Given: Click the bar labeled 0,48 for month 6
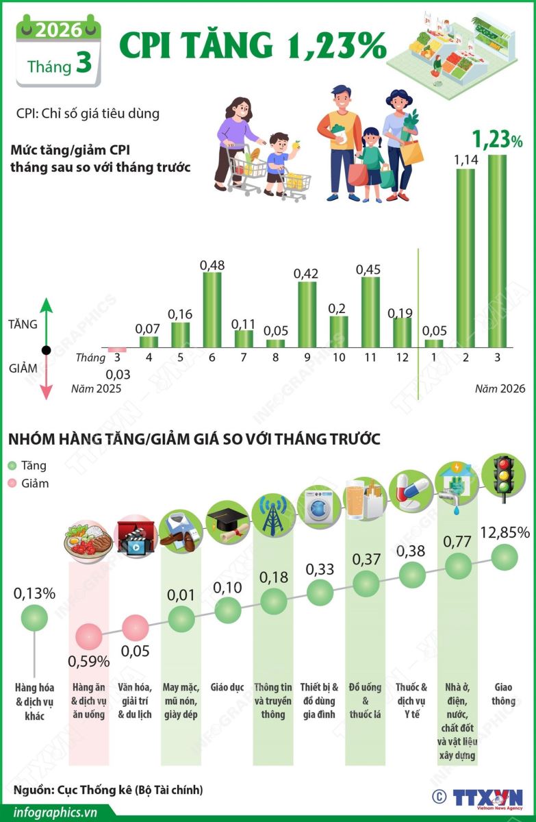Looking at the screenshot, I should pyautogui.click(x=212, y=310).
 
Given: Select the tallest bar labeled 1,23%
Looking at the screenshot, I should pyautogui.click(x=497, y=251).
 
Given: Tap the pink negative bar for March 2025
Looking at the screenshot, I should pyautogui.click(x=118, y=350).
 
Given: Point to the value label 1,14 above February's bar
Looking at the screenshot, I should pyautogui.click(x=465, y=160).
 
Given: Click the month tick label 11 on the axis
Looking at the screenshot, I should pyautogui.click(x=370, y=357).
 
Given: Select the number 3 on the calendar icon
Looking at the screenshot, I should pyautogui.click(x=84, y=64).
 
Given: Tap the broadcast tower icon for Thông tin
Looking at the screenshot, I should pyautogui.click(x=273, y=514).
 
